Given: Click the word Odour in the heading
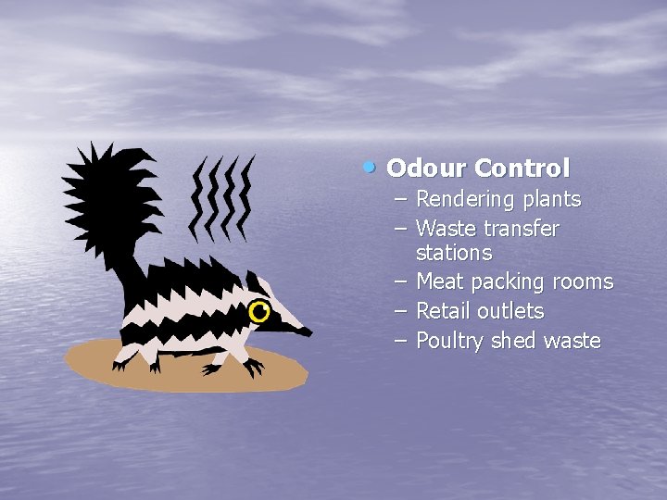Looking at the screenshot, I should point(426,169).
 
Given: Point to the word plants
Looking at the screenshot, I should point(551,199).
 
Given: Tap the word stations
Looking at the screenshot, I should point(454,252).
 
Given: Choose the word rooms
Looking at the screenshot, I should point(583,281).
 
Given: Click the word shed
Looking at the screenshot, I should point(513,341).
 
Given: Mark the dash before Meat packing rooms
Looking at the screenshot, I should point(400,281).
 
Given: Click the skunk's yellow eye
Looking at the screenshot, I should point(259,313).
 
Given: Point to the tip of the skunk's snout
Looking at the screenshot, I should point(308,331).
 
